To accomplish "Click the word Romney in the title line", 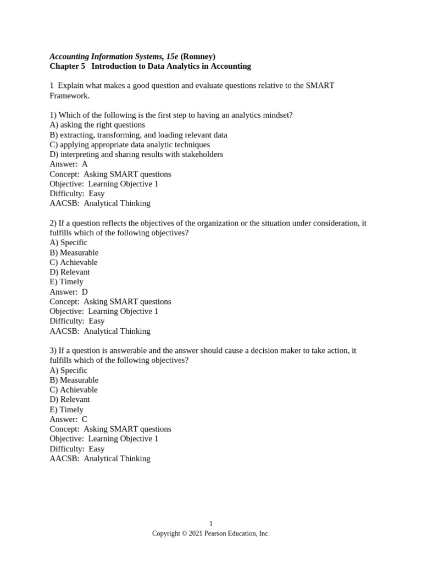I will coord(198,57).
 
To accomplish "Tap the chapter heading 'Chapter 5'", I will coord(68,67).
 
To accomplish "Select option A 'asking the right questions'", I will coord(97,125).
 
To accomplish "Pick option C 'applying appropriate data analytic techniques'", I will coord(130,145).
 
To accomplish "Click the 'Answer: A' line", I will coord(69,164).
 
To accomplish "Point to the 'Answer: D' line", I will coord(69,292).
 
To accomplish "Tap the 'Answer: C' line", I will coord(69,419).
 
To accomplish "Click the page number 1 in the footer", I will coord(211,524).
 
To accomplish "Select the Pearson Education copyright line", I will coord(211,533).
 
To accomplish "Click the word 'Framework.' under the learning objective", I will coord(69,96).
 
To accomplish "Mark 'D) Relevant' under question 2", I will coord(70,272).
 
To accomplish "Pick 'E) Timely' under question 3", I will coord(66,410).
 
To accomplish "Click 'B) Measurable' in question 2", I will coord(74,253).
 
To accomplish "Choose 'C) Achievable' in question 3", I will coord(74,390).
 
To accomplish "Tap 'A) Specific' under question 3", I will coord(69,371).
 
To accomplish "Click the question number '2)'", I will coord(53,223).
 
